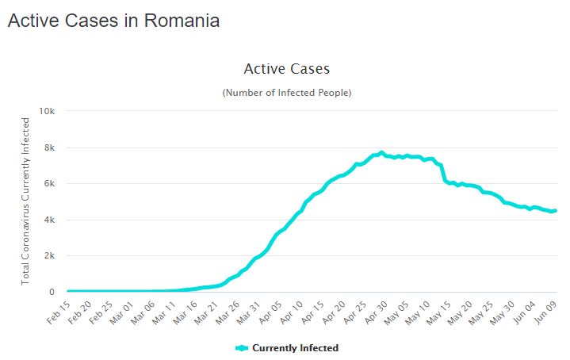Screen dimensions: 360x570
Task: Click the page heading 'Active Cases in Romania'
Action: tap(113, 21)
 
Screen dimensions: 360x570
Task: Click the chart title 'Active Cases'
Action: tap(286, 69)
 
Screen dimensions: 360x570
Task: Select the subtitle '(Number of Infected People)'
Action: tap(286, 93)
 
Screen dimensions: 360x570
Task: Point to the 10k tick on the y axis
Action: tap(47, 111)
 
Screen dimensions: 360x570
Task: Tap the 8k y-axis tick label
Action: tap(49, 147)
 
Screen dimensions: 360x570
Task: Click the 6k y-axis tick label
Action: tap(49, 183)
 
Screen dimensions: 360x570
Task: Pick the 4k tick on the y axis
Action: tap(49, 220)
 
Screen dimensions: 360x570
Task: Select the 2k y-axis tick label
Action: tap(49, 255)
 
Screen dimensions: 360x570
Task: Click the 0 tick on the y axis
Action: tap(52, 292)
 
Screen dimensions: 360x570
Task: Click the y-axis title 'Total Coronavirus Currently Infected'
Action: tap(25, 201)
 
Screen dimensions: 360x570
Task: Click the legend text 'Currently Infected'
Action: tap(295, 348)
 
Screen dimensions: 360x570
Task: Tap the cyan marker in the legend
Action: tap(242, 348)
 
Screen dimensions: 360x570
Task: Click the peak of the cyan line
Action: tap(381, 152)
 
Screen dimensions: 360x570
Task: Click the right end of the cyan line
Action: tap(555, 210)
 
